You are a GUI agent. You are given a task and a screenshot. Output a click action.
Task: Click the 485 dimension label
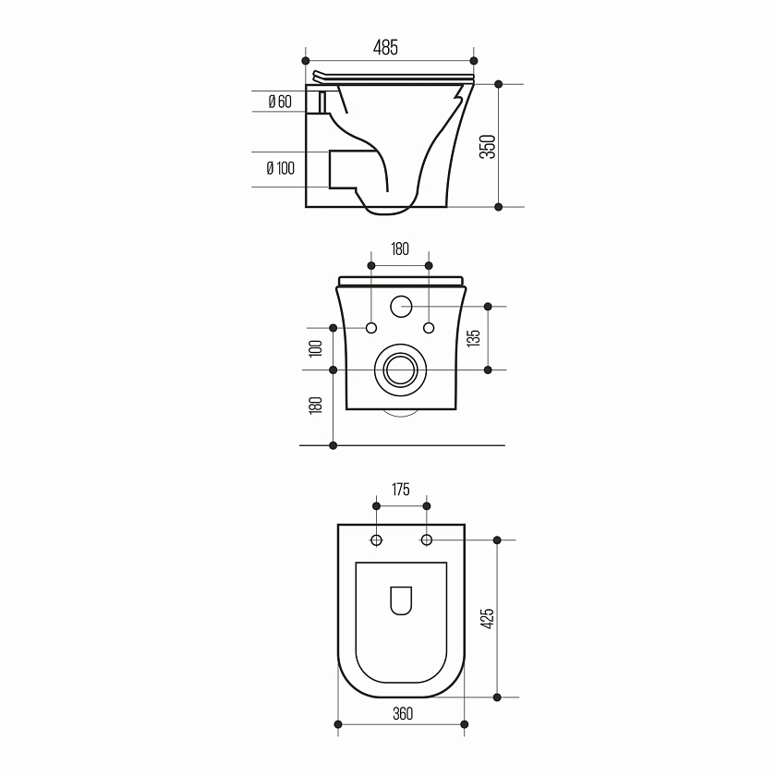click(385, 47)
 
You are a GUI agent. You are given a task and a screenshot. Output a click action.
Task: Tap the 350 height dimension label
click(488, 147)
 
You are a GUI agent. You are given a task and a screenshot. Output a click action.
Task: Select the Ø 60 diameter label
click(280, 102)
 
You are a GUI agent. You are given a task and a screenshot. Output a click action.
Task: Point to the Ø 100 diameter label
click(280, 168)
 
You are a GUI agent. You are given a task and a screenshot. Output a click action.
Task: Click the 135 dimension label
click(474, 338)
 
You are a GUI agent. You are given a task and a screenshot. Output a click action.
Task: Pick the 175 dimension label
click(400, 490)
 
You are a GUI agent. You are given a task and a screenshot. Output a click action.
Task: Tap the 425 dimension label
click(488, 619)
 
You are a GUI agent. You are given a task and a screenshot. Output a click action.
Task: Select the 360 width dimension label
click(403, 713)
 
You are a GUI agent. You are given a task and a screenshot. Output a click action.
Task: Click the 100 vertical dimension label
click(315, 348)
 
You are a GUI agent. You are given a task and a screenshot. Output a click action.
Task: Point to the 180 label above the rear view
click(400, 249)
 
